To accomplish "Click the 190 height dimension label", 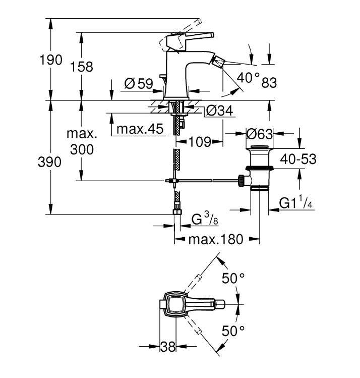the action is [x=51, y=60].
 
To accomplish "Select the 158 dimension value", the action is [x=81, y=67].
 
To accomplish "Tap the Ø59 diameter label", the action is [x=139, y=84].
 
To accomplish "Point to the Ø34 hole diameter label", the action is [x=220, y=111].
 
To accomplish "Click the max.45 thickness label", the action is [x=140, y=129].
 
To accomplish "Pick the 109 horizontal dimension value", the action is [x=200, y=142].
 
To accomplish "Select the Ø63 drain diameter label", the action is [x=259, y=134].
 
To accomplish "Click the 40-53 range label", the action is [x=298, y=159].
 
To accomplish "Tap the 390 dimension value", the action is [x=49, y=162].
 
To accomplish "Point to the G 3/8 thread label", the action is [x=205, y=219].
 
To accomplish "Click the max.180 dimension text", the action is [x=216, y=239].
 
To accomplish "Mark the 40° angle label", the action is [x=248, y=77].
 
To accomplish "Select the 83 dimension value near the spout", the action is [x=269, y=83].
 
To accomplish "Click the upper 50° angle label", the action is [x=233, y=279].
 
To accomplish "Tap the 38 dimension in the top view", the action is [x=168, y=347].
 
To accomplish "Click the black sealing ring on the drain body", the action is [x=259, y=168].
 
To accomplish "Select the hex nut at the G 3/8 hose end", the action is [x=177, y=211].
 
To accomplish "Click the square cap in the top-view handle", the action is [x=175, y=304].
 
